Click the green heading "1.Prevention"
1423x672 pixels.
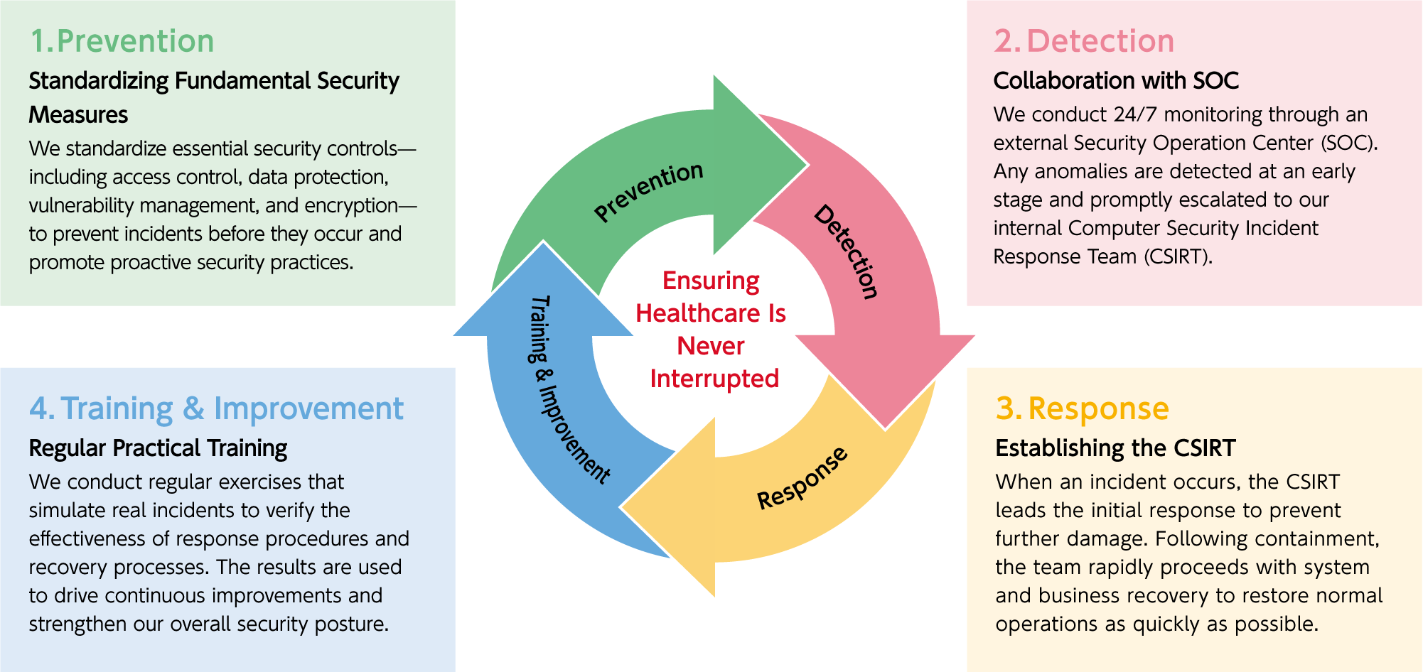(x=122, y=41)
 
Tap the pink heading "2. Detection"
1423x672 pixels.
(x=1084, y=41)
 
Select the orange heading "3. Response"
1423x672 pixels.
(x=1082, y=408)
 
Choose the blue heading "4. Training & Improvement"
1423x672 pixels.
(x=216, y=408)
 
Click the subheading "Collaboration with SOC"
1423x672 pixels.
(x=1116, y=81)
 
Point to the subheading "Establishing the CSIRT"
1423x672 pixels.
(x=1115, y=448)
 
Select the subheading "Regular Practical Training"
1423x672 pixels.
(x=158, y=448)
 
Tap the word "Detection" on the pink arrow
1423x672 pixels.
(x=846, y=251)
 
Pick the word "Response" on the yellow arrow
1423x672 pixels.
(x=802, y=479)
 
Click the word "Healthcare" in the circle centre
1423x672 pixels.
(x=698, y=313)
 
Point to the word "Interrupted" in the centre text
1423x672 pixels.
(x=714, y=379)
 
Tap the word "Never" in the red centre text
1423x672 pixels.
(x=711, y=346)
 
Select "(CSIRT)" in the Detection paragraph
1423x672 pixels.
(x=1178, y=256)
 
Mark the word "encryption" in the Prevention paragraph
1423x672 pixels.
(x=351, y=206)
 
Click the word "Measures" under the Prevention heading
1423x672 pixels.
(x=78, y=115)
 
